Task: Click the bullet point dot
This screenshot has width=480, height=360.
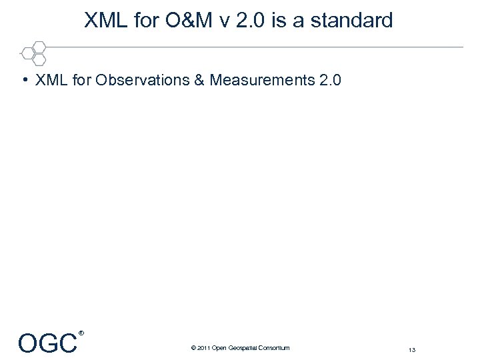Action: coord(23,81)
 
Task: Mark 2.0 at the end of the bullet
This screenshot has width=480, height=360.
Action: coord(331,81)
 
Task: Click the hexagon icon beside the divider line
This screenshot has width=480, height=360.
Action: coord(34,53)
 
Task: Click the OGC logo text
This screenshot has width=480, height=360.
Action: coord(47,344)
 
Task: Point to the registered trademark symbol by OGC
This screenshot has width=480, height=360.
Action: coord(81,333)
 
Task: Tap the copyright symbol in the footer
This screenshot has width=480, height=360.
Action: coord(193,348)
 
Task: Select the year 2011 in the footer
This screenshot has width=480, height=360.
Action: coord(203,348)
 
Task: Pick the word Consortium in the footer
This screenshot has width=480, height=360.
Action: coord(274,348)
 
